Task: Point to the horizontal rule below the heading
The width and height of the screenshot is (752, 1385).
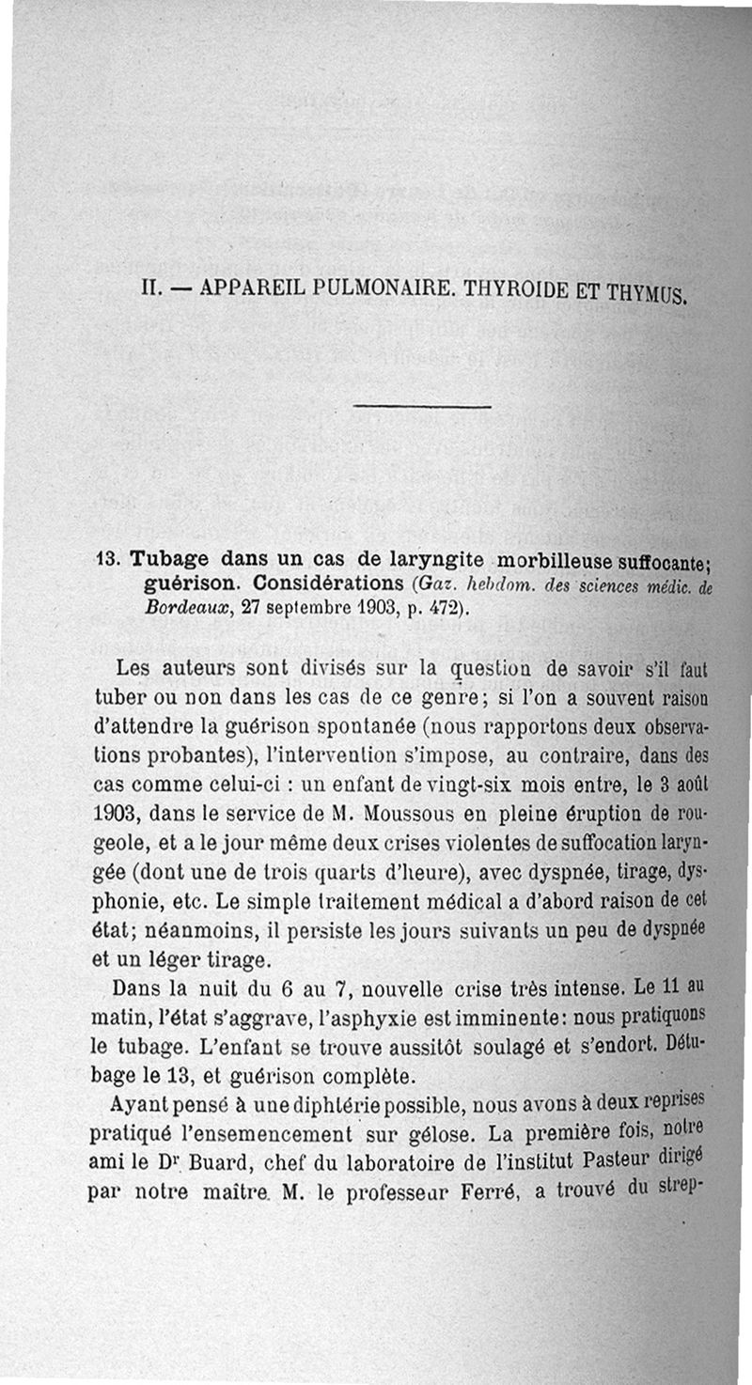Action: pyautogui.click(x=422, y=406)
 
